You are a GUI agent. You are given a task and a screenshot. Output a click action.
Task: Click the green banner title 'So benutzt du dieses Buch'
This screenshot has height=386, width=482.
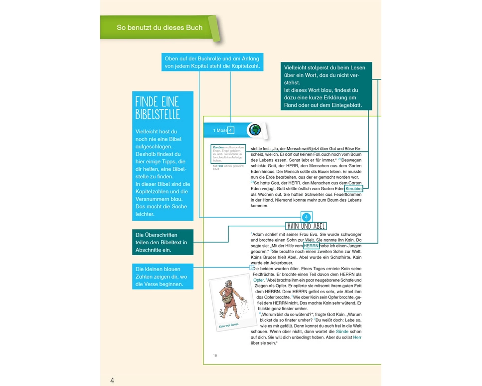click(x=160, y=27)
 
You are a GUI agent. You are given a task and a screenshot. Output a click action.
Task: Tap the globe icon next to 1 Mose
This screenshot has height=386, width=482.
click(x=255, y=130)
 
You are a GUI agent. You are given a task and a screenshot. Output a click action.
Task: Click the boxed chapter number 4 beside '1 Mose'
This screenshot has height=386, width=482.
click(x=231, y=130)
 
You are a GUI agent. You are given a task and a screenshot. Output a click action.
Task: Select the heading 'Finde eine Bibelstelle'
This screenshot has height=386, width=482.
click(x=158, y=108)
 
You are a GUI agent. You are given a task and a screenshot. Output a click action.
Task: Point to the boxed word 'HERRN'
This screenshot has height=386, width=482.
click(x=311, y=246)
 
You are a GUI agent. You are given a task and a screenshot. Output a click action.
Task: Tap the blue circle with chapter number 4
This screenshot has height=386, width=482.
click(x=307, y=217)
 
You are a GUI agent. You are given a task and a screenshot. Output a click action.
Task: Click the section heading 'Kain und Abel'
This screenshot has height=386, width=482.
click(x=306, y=227)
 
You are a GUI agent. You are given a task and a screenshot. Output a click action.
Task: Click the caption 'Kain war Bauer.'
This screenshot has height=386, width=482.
click(x=229, y=325)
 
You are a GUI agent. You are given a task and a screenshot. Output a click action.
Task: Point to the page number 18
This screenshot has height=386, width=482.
click(x=215, y=356)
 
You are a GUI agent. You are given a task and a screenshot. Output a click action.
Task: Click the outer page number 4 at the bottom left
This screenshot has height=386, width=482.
click(x=112, y=381)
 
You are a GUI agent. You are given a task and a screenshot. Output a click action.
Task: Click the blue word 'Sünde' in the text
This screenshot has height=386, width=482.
click(x=342, y=331)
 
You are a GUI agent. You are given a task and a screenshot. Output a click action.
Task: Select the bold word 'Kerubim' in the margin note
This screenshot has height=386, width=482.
click(x=218, y=148)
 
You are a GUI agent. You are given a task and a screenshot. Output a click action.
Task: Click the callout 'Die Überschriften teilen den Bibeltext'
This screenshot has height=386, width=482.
click(x=161, y=242)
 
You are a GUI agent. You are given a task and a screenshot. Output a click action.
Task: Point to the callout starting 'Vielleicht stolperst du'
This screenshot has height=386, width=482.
click(x=326, y=86)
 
